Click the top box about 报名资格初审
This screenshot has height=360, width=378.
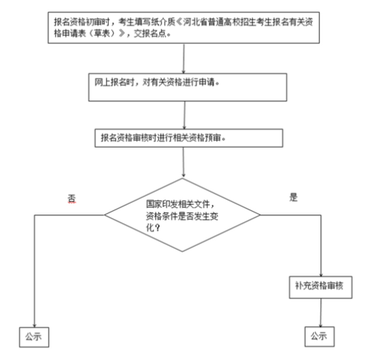183,27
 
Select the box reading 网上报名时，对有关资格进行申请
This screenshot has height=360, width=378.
188,87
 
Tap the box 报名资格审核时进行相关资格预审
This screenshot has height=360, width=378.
189,138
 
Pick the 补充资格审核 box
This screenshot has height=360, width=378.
320,288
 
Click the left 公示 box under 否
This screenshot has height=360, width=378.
34,337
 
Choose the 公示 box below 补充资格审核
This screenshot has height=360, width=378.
320,337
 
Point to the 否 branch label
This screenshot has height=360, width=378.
72,199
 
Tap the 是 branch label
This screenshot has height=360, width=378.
294,197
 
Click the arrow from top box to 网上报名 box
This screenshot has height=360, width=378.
183,58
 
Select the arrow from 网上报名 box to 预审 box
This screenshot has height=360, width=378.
184,115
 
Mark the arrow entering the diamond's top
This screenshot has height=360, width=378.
183,162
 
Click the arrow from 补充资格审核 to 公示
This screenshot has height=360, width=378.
320,313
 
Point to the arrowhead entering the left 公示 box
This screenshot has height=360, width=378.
34,326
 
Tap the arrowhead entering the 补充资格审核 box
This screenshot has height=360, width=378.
321,274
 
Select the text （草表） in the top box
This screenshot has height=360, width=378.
106,33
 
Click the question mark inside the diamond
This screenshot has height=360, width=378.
157,227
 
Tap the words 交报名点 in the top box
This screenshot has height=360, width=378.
150,33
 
